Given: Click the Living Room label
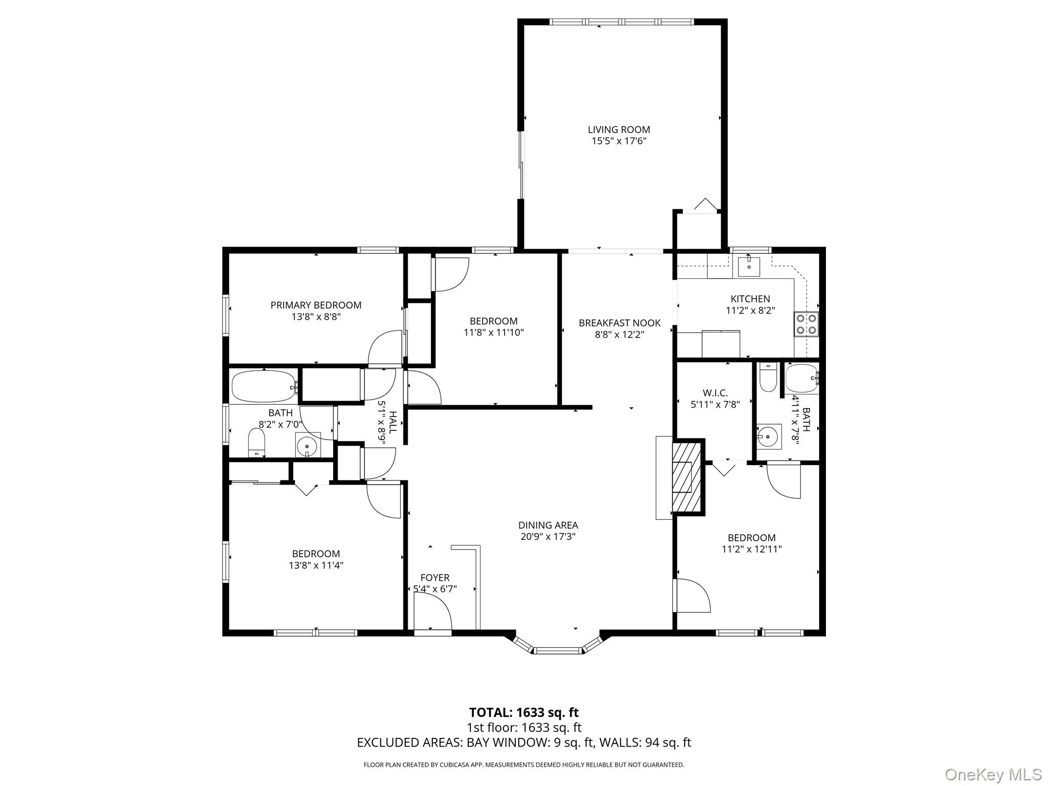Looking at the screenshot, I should (619, 130).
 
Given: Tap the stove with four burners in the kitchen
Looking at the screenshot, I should (806, 324).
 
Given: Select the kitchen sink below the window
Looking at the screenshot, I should (749, 267).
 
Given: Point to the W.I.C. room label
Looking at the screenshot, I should (715, 393).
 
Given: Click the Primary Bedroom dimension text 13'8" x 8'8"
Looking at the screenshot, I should (316, 317).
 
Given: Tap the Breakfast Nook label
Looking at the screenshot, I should (619, 323).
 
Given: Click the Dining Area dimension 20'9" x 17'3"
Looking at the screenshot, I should (548, 536).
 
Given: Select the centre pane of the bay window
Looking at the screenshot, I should (558, 650).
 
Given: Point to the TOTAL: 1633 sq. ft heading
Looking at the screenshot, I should (523, 712).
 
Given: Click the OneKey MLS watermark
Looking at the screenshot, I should (993, 774).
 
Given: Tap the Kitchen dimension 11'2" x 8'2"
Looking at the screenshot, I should (750, 310).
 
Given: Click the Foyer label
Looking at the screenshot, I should (435, 578).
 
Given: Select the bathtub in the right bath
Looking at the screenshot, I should (802, 378).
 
